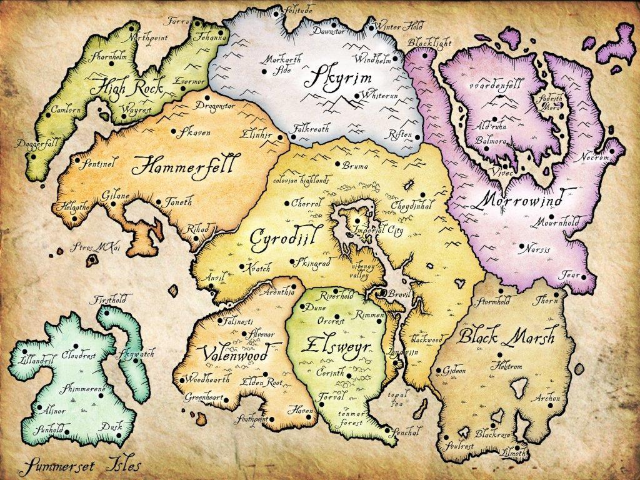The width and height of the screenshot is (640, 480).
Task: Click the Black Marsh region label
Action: point(507,337)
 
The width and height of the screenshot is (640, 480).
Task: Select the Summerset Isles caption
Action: point(80,466)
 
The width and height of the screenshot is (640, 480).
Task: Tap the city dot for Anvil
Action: point(212,286)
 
